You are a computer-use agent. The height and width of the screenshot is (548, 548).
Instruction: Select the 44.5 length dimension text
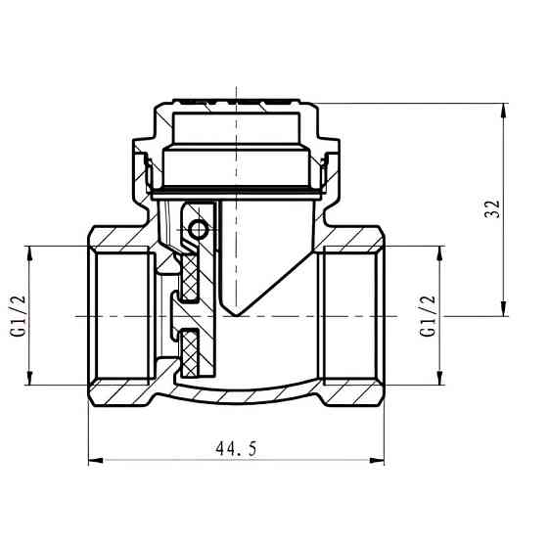238,448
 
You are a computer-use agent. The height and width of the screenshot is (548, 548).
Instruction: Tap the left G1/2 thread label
16,315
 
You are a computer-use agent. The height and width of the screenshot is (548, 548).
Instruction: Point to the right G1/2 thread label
427,315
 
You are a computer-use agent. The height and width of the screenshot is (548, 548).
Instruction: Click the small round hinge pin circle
200,230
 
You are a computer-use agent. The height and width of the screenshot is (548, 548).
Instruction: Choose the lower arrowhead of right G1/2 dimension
442,381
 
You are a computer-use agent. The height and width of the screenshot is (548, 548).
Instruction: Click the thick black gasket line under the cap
235,190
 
